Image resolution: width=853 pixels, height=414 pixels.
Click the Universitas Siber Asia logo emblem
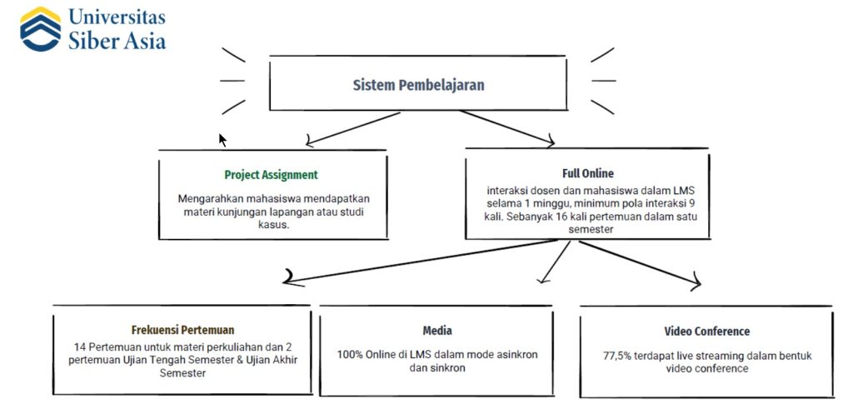click(41, 30)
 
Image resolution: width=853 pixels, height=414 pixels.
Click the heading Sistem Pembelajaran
click(418, 85)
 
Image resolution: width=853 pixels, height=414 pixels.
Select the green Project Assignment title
click(271, 175)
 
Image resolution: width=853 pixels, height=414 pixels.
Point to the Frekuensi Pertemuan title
click(182, 329)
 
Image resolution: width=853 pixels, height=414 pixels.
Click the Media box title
click(437, 331)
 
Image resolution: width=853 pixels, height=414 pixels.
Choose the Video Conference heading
click(706, 331)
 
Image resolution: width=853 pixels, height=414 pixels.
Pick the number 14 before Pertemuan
click(79, 346)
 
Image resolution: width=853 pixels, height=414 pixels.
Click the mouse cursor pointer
click(222, 139)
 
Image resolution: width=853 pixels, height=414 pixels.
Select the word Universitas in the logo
click(117, 17)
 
